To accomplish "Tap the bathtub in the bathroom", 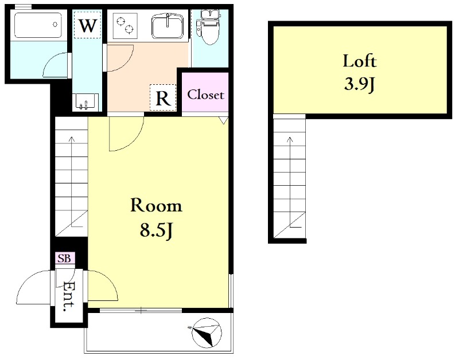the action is click(x=38, y=25).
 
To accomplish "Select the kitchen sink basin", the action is click(x=167, y=27).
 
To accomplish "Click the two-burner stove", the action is click(x=125, y=26).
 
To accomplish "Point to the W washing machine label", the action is click(x=88, y=25).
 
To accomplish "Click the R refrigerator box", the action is click(x=163, y=97).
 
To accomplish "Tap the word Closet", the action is click(x=205, y=95).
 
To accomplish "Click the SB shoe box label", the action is click(x=64, y=258).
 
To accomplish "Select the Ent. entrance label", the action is click(x=69, y=296).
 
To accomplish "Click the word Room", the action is click(x=156, y=206).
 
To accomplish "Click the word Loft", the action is click(x=360, y=61).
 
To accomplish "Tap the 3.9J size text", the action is click(x=360, y=85).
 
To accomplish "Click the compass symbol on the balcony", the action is click(x=207, y=334).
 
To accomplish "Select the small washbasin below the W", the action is click(x=84, y=101).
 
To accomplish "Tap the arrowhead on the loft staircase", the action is click(x=290, y=139).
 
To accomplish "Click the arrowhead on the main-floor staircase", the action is click(x=71, y=139).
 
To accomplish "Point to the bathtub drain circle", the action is click(x=55, y=24).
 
